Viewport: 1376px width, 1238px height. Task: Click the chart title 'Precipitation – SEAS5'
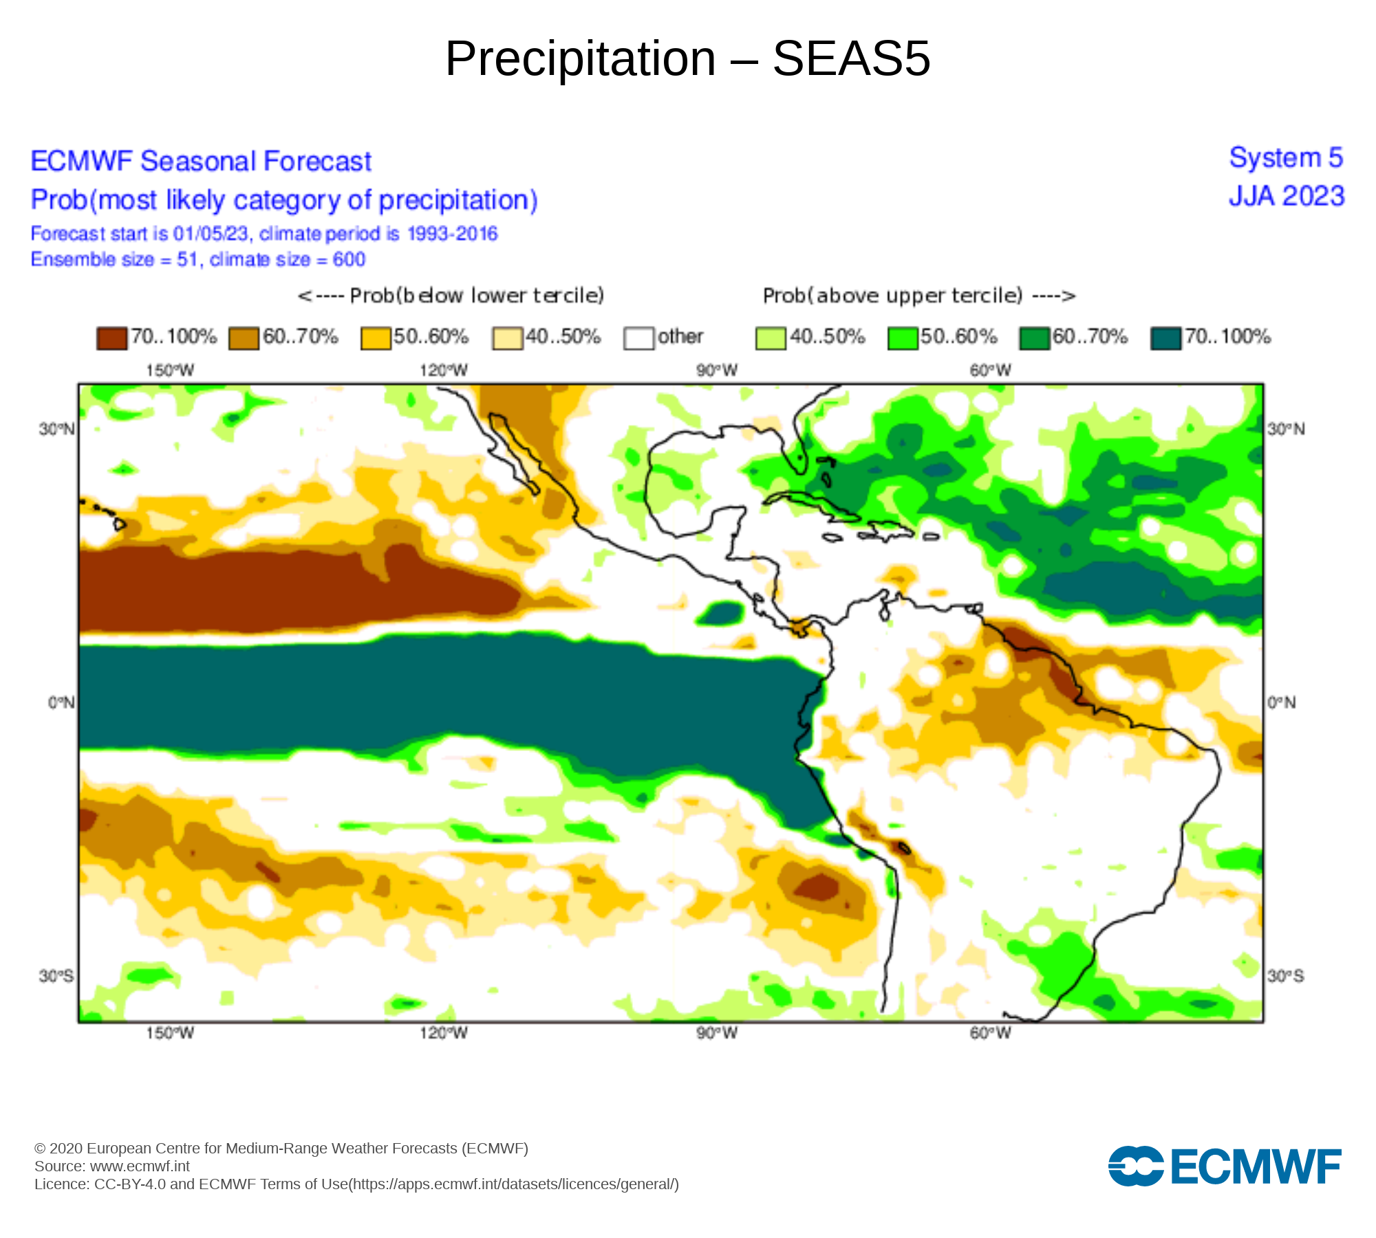pos(687,58)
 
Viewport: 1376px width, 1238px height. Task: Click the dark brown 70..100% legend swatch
pos(111,338)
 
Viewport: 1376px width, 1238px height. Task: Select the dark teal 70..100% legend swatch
pos(1165,338)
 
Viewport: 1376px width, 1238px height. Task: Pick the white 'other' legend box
pos(638,338)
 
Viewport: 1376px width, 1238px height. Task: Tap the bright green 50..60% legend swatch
pos(903,338)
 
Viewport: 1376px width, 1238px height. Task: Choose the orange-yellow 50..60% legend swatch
pos(376,338)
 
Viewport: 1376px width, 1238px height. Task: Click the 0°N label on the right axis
pos(1282,702)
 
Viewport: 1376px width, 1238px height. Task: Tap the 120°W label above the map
pos(444,371)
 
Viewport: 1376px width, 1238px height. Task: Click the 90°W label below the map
pos(717,1033)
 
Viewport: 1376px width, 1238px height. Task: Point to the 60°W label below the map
pos(991,1033)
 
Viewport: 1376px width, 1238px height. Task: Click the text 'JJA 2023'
pos(1286,197)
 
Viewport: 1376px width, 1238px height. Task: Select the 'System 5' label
pos(1286,158)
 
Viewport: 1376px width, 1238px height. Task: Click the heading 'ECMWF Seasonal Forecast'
pos(201,162)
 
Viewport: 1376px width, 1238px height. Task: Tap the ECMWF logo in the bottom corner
pos(1225,1166)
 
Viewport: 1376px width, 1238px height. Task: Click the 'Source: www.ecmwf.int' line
pos(112,1166)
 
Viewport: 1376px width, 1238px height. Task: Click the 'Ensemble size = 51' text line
pos(198,259)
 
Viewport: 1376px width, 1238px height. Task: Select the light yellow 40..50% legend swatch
pos(507,338)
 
